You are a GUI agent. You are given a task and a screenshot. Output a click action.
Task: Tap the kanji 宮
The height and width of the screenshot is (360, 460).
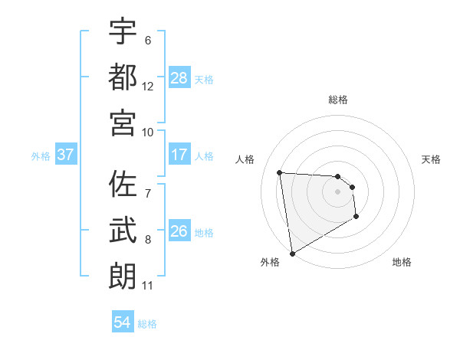(123, 122)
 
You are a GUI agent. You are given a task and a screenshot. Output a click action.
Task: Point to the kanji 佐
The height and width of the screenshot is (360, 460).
(123, 185)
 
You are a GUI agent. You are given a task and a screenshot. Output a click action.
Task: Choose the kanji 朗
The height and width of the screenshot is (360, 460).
(123, 276)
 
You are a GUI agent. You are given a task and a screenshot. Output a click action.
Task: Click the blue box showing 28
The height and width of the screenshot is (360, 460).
(179, 78)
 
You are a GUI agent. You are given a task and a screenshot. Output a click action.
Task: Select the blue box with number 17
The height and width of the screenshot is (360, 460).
(179, 155)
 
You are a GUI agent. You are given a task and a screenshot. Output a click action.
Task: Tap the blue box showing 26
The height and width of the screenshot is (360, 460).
(179, 232)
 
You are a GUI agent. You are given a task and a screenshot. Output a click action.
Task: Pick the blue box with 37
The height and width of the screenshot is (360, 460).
(66, 155)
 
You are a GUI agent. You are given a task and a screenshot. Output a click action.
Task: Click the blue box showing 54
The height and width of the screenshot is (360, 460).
(123, 323)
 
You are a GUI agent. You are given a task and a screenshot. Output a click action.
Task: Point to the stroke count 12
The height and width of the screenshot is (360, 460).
(148, 86)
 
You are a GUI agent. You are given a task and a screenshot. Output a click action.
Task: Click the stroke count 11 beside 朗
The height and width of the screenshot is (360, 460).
(148, 286)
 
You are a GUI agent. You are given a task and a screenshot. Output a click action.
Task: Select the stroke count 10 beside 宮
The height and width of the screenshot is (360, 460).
(148, 132)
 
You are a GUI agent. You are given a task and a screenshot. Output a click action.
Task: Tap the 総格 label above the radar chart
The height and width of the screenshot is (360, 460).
(338, 100)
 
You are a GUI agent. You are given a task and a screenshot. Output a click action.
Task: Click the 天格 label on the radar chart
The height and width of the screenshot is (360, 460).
(432, 159)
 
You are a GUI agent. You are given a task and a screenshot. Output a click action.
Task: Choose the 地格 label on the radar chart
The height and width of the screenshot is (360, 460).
(402, 262)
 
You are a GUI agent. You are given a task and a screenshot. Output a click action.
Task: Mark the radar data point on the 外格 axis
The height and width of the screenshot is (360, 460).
(292, 254)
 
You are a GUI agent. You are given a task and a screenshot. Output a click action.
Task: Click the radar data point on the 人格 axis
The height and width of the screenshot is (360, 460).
(280, 172)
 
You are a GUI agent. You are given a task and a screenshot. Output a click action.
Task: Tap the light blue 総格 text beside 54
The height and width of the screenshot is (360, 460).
(147, 324)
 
